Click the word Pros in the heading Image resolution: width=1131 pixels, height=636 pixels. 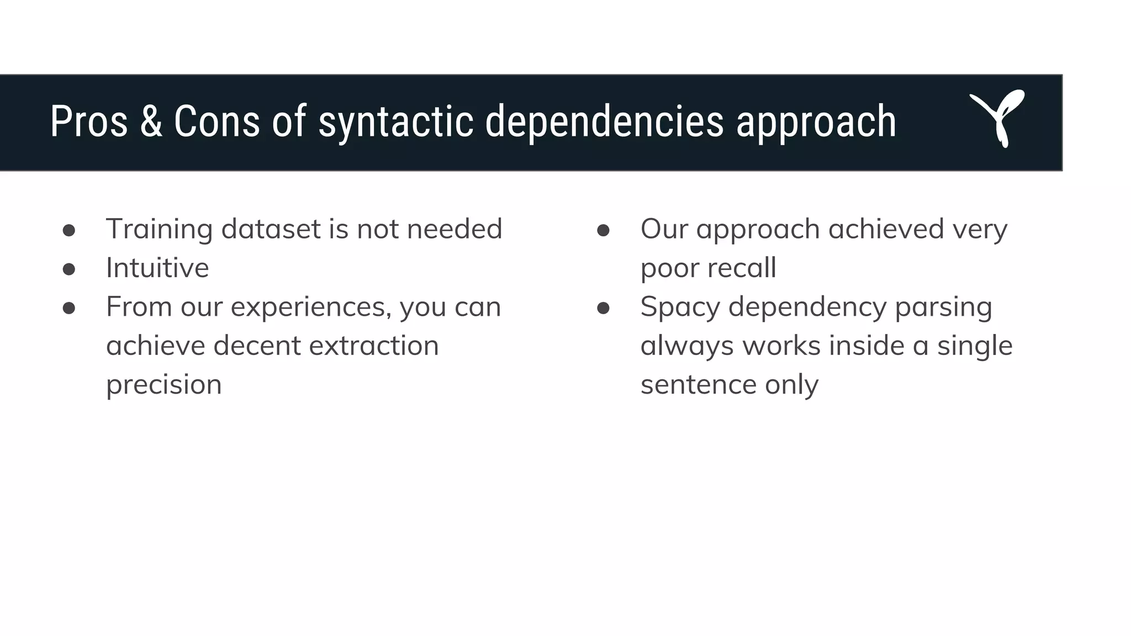pos(88,121)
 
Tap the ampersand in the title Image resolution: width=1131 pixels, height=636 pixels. pos(151,121)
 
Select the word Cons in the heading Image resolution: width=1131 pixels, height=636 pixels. pos(216,121)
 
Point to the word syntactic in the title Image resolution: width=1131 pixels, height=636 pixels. pos(395,123)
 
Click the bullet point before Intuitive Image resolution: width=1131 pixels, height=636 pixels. pos(69,269)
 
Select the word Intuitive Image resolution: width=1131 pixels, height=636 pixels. pos(157,268)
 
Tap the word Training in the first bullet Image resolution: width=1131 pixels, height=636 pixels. pos(159,230)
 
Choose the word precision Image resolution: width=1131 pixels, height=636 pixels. pos(163,385)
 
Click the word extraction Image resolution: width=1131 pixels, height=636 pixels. pos(373,346)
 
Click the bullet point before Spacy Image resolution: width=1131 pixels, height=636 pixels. pos(603,308)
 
